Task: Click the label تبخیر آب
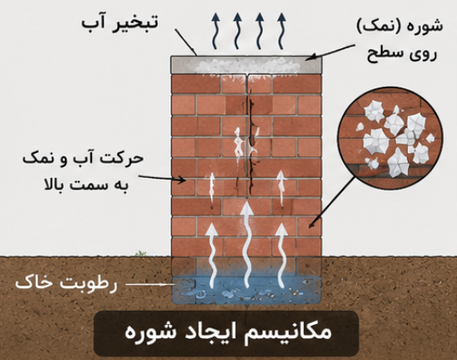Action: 120,23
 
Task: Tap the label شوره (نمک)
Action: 400,26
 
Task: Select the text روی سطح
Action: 402,53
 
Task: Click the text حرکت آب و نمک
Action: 83,159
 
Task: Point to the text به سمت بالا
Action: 87,185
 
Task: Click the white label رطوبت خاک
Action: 67,283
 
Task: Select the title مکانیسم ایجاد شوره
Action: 228,332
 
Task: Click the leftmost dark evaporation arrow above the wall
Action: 215,31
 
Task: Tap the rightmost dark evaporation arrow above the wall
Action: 281,31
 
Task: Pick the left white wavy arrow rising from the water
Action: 212,255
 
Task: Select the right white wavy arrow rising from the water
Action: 281,255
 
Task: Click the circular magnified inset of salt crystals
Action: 390,138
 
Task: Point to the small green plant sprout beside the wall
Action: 141,253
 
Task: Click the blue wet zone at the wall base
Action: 247,289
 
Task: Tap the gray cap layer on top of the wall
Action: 246,65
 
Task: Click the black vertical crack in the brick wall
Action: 250,140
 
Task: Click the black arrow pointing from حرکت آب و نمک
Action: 162,179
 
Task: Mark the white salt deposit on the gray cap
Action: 248,66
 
